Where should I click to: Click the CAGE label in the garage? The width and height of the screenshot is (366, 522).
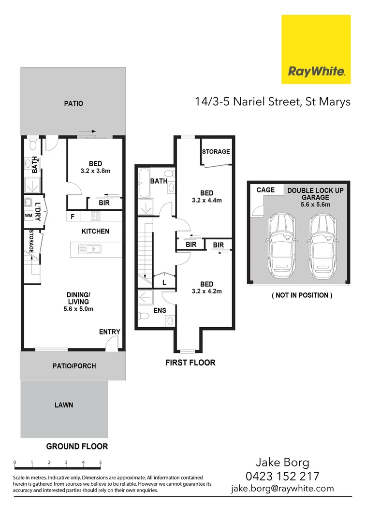click(x=265, y=190)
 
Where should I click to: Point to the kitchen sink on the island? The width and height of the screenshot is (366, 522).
click(x=89, y=249)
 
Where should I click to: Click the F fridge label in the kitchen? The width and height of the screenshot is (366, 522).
click(x=73, y=217)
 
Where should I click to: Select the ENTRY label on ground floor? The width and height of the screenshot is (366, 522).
click(x=109, y=332)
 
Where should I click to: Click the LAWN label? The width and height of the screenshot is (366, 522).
click(x=63, y=405)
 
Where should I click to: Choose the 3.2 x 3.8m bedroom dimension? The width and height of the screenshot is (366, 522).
click(x=95, y=171)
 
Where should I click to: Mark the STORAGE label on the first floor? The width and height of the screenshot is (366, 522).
click(x=216, y=152)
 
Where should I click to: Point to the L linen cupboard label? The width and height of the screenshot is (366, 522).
click(x=164, y=282)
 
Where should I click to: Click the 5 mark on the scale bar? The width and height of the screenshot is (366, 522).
click(x=101, y=463)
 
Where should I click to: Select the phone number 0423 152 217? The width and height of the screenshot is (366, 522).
click(x=282, y=476)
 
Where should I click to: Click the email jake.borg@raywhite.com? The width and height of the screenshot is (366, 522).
click(x=282, y=488)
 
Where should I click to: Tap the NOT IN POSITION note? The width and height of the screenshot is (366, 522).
click(x=302, y=295)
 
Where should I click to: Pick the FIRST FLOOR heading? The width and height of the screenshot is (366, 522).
click(x=190, y=362)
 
